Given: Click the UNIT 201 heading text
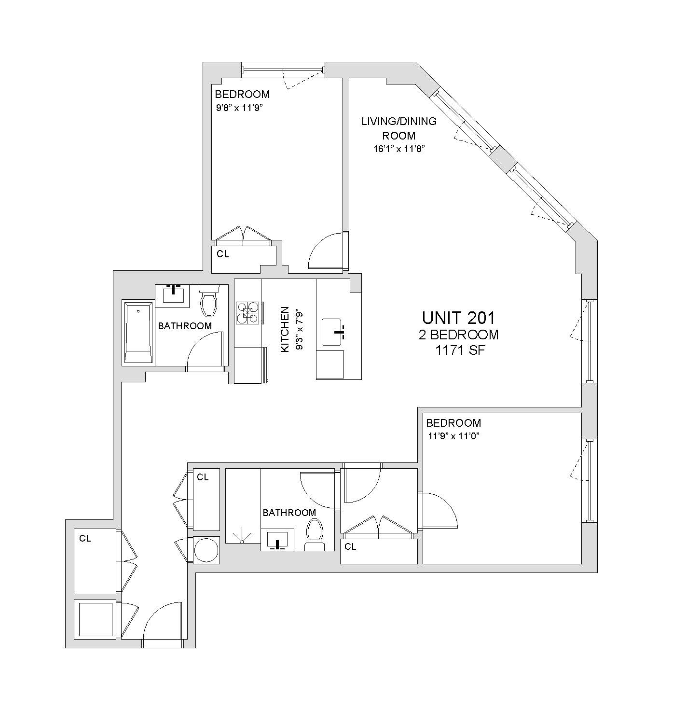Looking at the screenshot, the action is click(x=458, y=318).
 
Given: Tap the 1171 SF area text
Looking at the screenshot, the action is click(x=460, y=350).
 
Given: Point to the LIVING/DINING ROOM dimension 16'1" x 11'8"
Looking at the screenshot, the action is click(x=398, y=149).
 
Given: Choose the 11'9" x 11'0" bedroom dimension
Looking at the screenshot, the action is click(x=453, y=436).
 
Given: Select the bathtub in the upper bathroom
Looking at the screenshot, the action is click(x=138, y=333).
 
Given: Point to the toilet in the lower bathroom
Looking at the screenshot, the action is click(x=314, y=534).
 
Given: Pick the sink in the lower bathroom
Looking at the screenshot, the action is click(x=277, y=540).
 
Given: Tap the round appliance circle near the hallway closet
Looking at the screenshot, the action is click(x=206, y=549).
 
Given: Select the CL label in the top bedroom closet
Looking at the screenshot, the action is click(x=222, y=254).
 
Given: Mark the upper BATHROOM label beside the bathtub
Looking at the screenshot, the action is click(x=185, y=326).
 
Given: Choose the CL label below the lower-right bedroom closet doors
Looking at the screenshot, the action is click(x=351, y=546).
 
